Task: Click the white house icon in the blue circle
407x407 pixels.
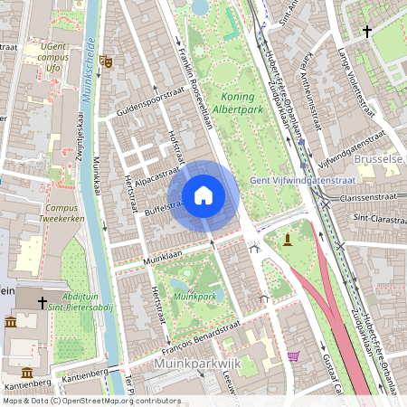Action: coord(203,194)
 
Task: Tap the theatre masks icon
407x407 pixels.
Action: coord(106,62)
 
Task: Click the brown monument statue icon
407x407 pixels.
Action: coord(288,239)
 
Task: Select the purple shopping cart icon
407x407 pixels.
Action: coord(293,355)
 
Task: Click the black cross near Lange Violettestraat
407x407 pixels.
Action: coord(366,32)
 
